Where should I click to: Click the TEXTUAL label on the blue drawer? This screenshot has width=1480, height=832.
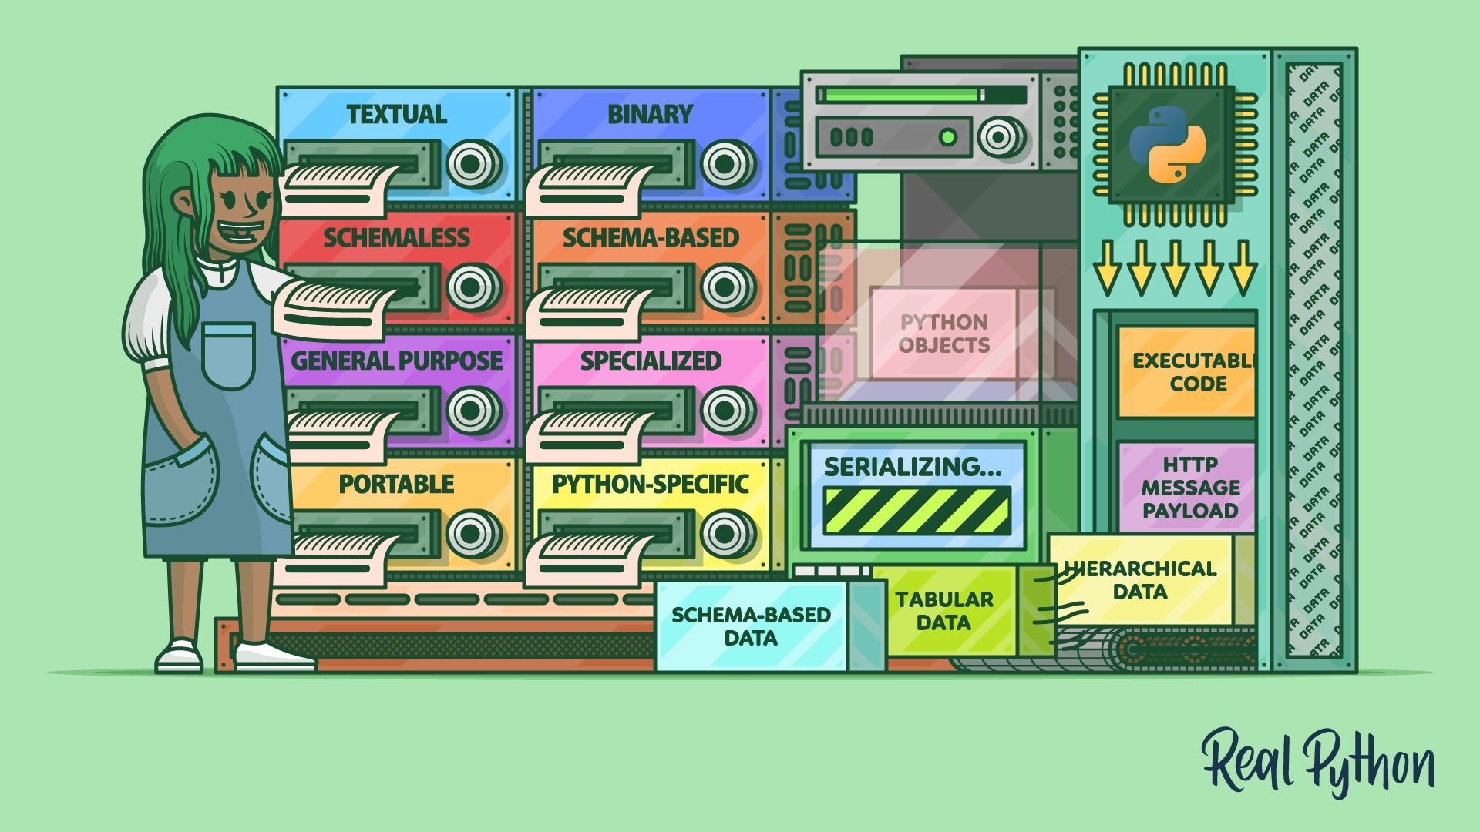coord(396,115)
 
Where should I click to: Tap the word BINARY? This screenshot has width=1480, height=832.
coord(650,115)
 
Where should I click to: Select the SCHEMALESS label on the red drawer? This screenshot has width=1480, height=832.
coord(396,238)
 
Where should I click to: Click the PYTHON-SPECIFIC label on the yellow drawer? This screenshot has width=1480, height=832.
coord(650,485)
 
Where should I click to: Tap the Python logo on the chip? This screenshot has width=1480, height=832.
coord(1167,145)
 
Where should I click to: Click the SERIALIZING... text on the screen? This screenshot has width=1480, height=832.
coord(913,467)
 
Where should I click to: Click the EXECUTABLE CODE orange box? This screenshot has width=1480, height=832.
coord(1187,372)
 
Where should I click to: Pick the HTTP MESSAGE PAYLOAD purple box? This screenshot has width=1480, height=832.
coord(1188,488)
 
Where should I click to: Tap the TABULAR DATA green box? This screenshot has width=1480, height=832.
coord(943,611)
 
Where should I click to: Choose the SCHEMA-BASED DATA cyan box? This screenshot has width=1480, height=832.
coord(750,626)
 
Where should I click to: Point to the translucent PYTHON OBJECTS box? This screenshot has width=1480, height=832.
coord(943,334)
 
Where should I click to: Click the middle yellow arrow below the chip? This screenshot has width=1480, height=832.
coord(1174,268)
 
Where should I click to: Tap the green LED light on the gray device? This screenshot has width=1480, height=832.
coord(947,138)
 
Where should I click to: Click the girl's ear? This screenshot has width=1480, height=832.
coord(183,205)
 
